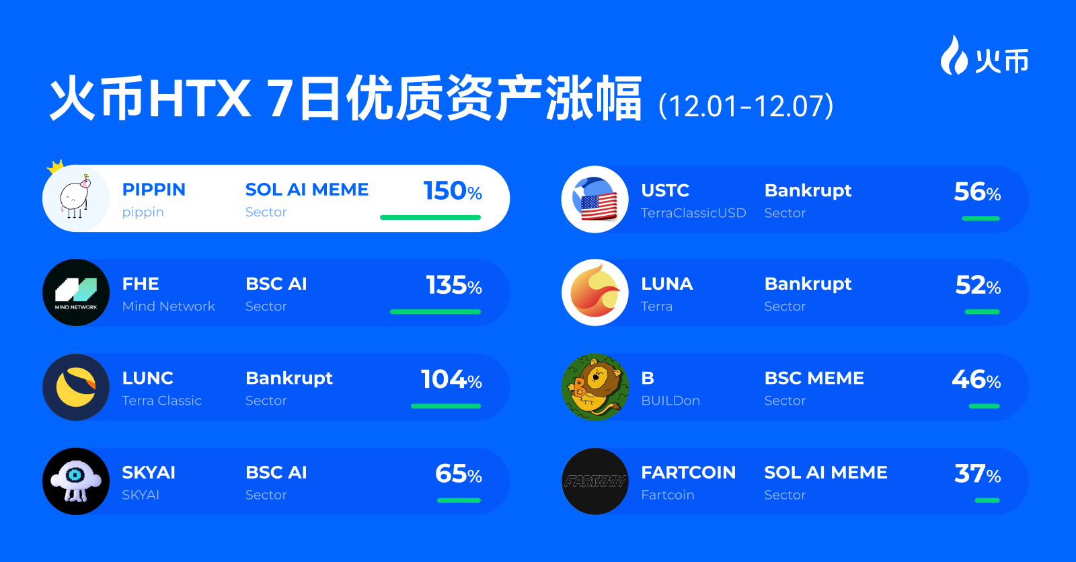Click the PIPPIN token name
click(x=153, y=190)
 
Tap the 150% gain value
click(x=452, y=191)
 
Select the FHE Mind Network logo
click(x=76, y=292)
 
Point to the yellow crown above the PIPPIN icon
click(x=55, y=166)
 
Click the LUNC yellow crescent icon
click(x=76, y=387)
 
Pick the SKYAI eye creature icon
click(x=76, y=481)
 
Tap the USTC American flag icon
click(x=595, y=200)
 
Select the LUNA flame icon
click(x=595, y=292)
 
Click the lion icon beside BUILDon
click(x=595, y=387)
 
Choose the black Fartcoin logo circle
click(x=595, y=481)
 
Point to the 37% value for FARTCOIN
click(x=977, y=474)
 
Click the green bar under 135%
click(x=435, y=312)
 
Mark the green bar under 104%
click(x=445, y=406)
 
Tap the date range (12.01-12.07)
click(x=746, y=106)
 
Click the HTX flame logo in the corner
click(x=953, y=55)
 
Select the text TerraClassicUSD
click(x=693, y=213)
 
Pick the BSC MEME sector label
click(x=814, y=378)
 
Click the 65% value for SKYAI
click(x=458, y=474)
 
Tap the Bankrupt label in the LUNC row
click(x=289, y=378)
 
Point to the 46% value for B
click(x=976, y=380)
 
